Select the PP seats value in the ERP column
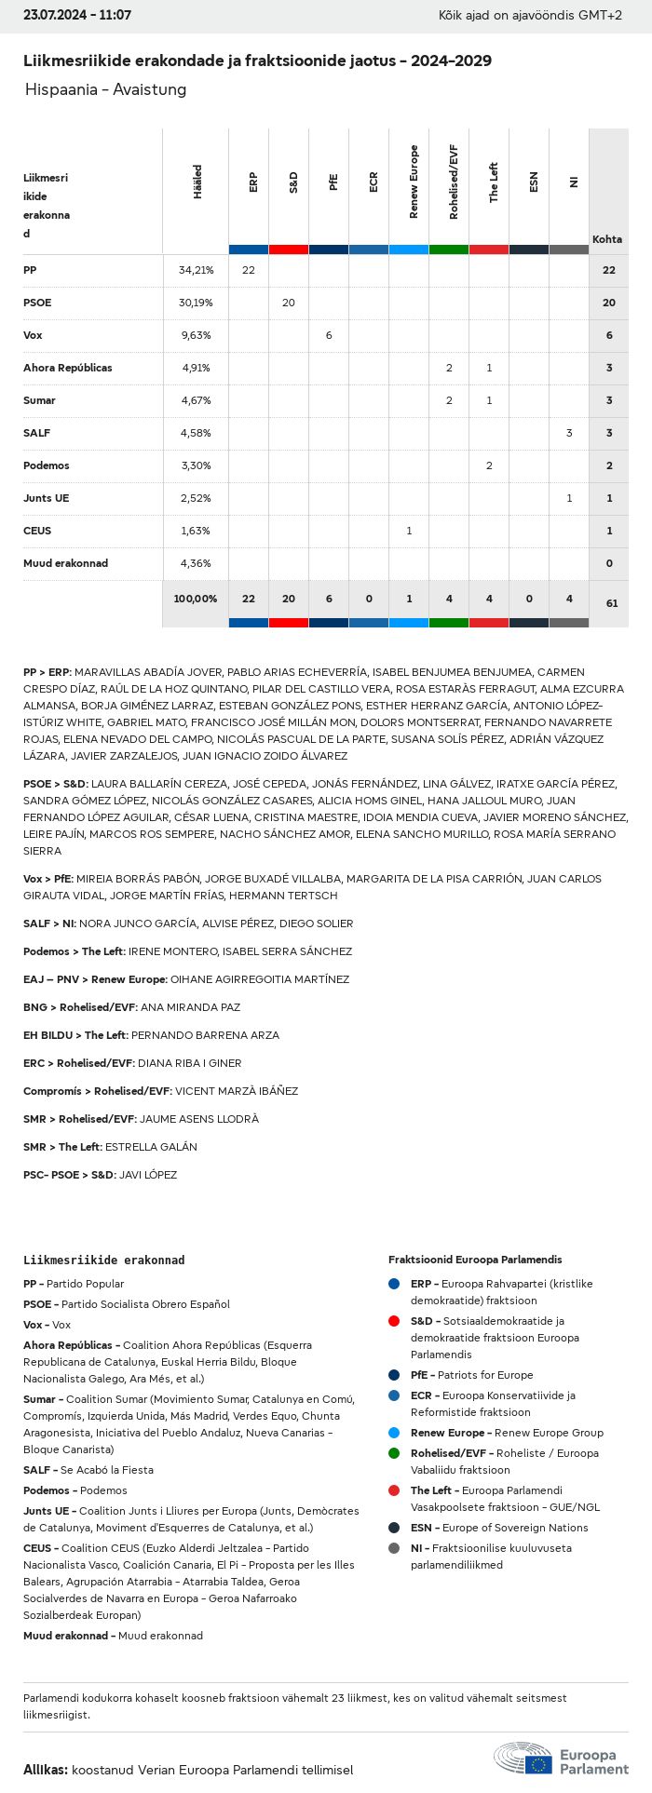(x=249, y=270)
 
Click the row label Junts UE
(x=46, y=498)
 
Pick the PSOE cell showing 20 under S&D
(x=289, y=303)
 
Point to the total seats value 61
(x=611, y=603)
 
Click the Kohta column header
(x=607, y=239)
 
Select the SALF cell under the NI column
(x=569, y=433)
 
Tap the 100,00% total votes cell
(x=196, y=599)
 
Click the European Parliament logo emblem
(x=523, y=1759)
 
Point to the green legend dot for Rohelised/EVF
(x=394, y=1453)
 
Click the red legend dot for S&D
(x=394, y=1321)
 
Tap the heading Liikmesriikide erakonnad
(x=103, y=1260)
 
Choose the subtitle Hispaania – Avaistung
(x=105, y=89)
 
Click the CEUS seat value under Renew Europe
(x=409, y=531)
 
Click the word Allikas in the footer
(x=45, y=1770)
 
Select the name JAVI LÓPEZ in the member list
(x=148, y=1175)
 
